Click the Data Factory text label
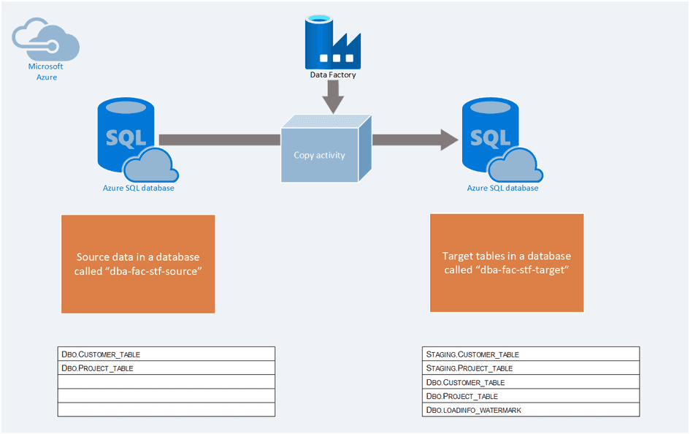coord(333,75)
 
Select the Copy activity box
coord(320,155)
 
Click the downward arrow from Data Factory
coord(333,96)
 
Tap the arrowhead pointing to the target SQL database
coord(448,139)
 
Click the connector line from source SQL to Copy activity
coord(219,139)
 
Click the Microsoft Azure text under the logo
coord(46,72)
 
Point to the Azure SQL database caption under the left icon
coord(138,188)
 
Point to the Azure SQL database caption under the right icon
coord(502,188)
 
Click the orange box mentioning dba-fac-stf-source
coord(138,264)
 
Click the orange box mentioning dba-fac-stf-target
coord(507,263)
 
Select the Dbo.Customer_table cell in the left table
coord(166,354)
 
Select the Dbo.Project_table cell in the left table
coord(166,368)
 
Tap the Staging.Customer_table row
coord(531,354)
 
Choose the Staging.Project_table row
coord(531,368)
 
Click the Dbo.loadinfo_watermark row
coord(531,410)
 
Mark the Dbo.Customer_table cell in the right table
coord(531,382)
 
